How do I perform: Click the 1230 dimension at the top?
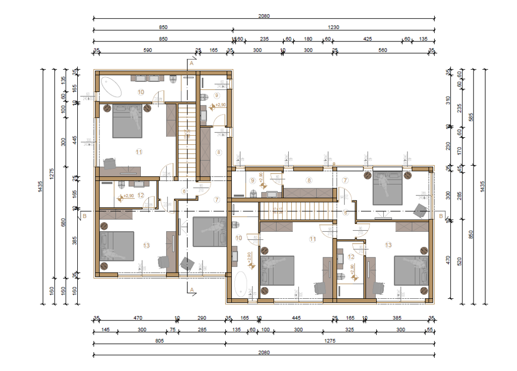pyautogui.click(x=333, y=27)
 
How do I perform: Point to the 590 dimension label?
pyautogui.click(x=147, y=50)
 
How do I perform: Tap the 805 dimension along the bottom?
pyautogui.click(x=159, y=341)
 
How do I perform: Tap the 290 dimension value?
pyautogui.click(x=202, y=318)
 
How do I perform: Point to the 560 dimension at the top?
pyautogui.click(x=382, y=50)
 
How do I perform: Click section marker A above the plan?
pyautogui.click(x=191, y=64)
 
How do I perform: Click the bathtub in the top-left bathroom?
pyautogui.click(x=112, y=87)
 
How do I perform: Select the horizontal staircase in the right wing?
pyautogui.click(x=297, y=211)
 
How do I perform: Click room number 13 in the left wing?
pyautogui.click(x=146, y=245)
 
